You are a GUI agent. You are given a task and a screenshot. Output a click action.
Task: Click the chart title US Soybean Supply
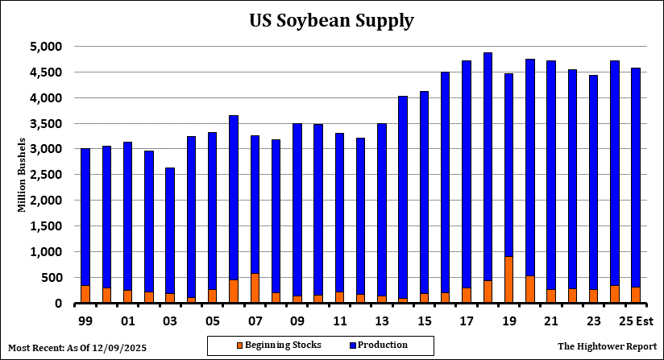pyautogui.click(x=331, y=20)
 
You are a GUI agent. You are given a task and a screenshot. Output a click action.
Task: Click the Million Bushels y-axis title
pyautogui.click(x=22, y=175)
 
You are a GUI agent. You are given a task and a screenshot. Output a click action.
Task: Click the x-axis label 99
pyautogui.click(x=85, y=321)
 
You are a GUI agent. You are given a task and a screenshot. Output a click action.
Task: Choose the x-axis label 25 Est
pyautogui.click(x=634, y=321)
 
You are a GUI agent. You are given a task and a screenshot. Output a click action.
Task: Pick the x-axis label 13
pyautogui.click(x=381, y=321)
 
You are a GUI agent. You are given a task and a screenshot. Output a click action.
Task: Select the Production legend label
pyautogui.click(x=384, y=346)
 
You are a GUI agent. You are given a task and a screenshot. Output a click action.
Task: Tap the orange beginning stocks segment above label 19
pyautogui.click(x=508, y=279)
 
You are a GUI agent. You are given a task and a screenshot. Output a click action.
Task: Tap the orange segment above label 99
pyautogui.click(x=85, y=294)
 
